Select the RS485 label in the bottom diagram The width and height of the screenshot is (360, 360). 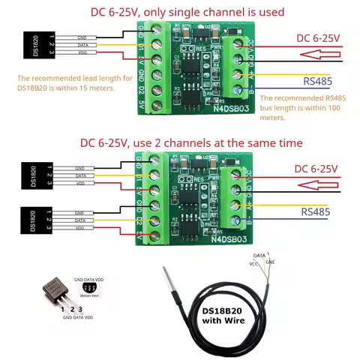coord(315,212)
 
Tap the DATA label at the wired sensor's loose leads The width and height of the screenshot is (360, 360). coord(259,256)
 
